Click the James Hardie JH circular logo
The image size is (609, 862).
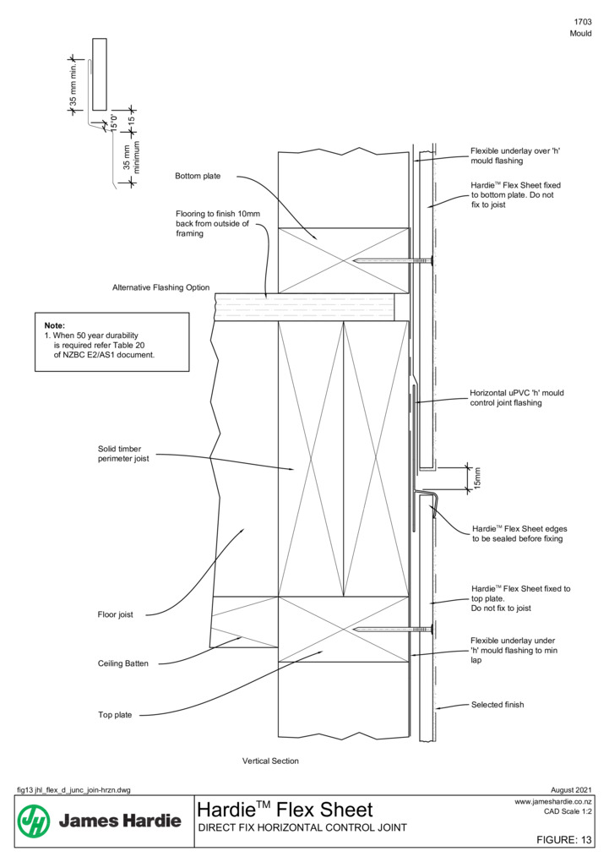pos(34,821)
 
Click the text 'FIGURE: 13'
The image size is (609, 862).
pos(564,839)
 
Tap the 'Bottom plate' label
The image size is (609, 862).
pos(198,176)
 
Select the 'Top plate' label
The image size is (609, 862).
pos(115,715)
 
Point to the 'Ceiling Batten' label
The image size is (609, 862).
pos(123,663)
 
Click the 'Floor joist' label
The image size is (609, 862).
pos(116,614)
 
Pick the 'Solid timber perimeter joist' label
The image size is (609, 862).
pos(123,454)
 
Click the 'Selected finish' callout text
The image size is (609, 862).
pos(498,704)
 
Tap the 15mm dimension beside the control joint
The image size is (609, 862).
pos(477,478)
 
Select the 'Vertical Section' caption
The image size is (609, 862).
pos(270,761)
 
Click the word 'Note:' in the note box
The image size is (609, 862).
pos(54,325)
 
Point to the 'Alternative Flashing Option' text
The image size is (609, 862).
pos(161,287)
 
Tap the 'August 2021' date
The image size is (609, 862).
pos(571,790)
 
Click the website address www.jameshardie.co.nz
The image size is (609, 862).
pos(553,802)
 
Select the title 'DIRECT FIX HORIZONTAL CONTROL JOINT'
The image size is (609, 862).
pos(302,827)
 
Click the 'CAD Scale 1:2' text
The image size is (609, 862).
pos(568,811)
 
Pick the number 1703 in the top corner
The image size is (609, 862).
pos(583,22)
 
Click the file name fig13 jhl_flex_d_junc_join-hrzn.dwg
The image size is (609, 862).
pos(73,790)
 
